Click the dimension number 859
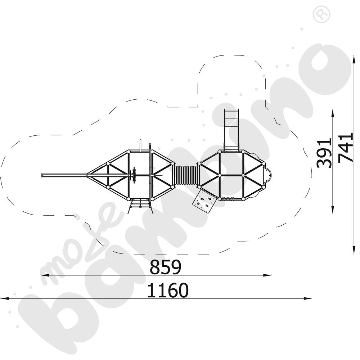[165, 267]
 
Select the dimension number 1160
[168, 290]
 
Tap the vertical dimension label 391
[324, 153]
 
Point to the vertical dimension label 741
[346, 148]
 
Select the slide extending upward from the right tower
[231, 130]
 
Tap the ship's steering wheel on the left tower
[134, 175]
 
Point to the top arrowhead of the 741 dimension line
[353, 53]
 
